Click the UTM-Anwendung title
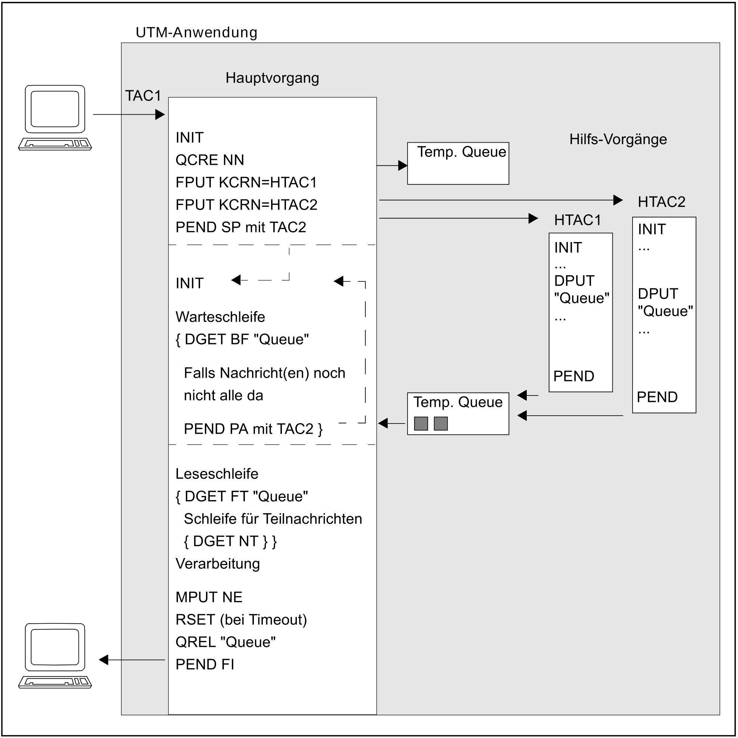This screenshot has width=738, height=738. point(196,32)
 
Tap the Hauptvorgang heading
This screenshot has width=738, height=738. point(272,78)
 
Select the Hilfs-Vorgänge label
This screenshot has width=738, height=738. point(618,139)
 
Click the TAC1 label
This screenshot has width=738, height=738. point(143,96)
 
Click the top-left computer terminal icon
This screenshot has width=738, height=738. point(55,117)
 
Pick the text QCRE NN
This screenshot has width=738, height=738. point(209,160)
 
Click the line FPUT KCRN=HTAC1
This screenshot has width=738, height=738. point(246,183)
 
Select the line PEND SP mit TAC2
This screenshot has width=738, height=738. point(240,227)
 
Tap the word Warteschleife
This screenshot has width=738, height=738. point(220,317)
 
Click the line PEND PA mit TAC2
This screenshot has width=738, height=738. point(253,429)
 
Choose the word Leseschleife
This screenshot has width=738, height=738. point(217,474)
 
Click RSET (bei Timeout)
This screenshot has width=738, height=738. point(241,620)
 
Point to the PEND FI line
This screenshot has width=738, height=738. point(205,665)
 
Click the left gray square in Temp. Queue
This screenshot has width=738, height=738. point(421,424)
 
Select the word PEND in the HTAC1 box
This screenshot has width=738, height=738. point(573,376)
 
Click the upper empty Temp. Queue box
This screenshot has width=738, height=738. point(458,164)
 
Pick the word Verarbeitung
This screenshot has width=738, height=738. point(218,564)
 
